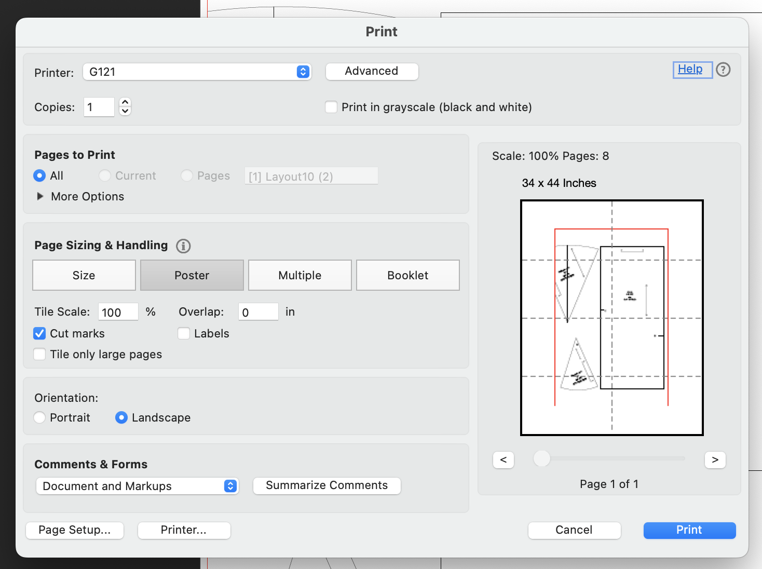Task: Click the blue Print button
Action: pyautogui.click(x=689, y=530)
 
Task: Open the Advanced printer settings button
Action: pyautogui.click(x=372, y=72)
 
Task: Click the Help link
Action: pyautogui.click(x=690, y=69)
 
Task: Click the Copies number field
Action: pyautogui.click(x=99, y=107)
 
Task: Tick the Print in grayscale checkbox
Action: pyautogui.click(x=331, y=107)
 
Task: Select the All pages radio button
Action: pyautogui.click(x=39, y=176)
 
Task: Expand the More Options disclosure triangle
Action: pyautogui.click(x=40, y=197)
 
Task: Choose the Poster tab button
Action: pyautogui.click(x=192, y=275)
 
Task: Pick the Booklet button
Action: pyautogui.click(x=407, y=275)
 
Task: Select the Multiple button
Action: pyautogui.click(x=300, y=275)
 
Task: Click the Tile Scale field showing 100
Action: pyautogui.click(x=118, y=312)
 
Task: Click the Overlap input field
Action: pyautogui.click(x=258, y=312)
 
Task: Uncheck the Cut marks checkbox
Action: pyautogui.click(x=39, y=333)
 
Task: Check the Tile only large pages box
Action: pyautogui.click(x=39, y=354)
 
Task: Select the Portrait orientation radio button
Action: pyautogui.click(x=39, y=417)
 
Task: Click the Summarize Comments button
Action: pyautogui.click(x=326, y=485)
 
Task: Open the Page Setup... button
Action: pyautogui.click(x=75, y=530)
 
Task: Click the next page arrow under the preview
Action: pyautogui.click(x=715, y=460)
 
